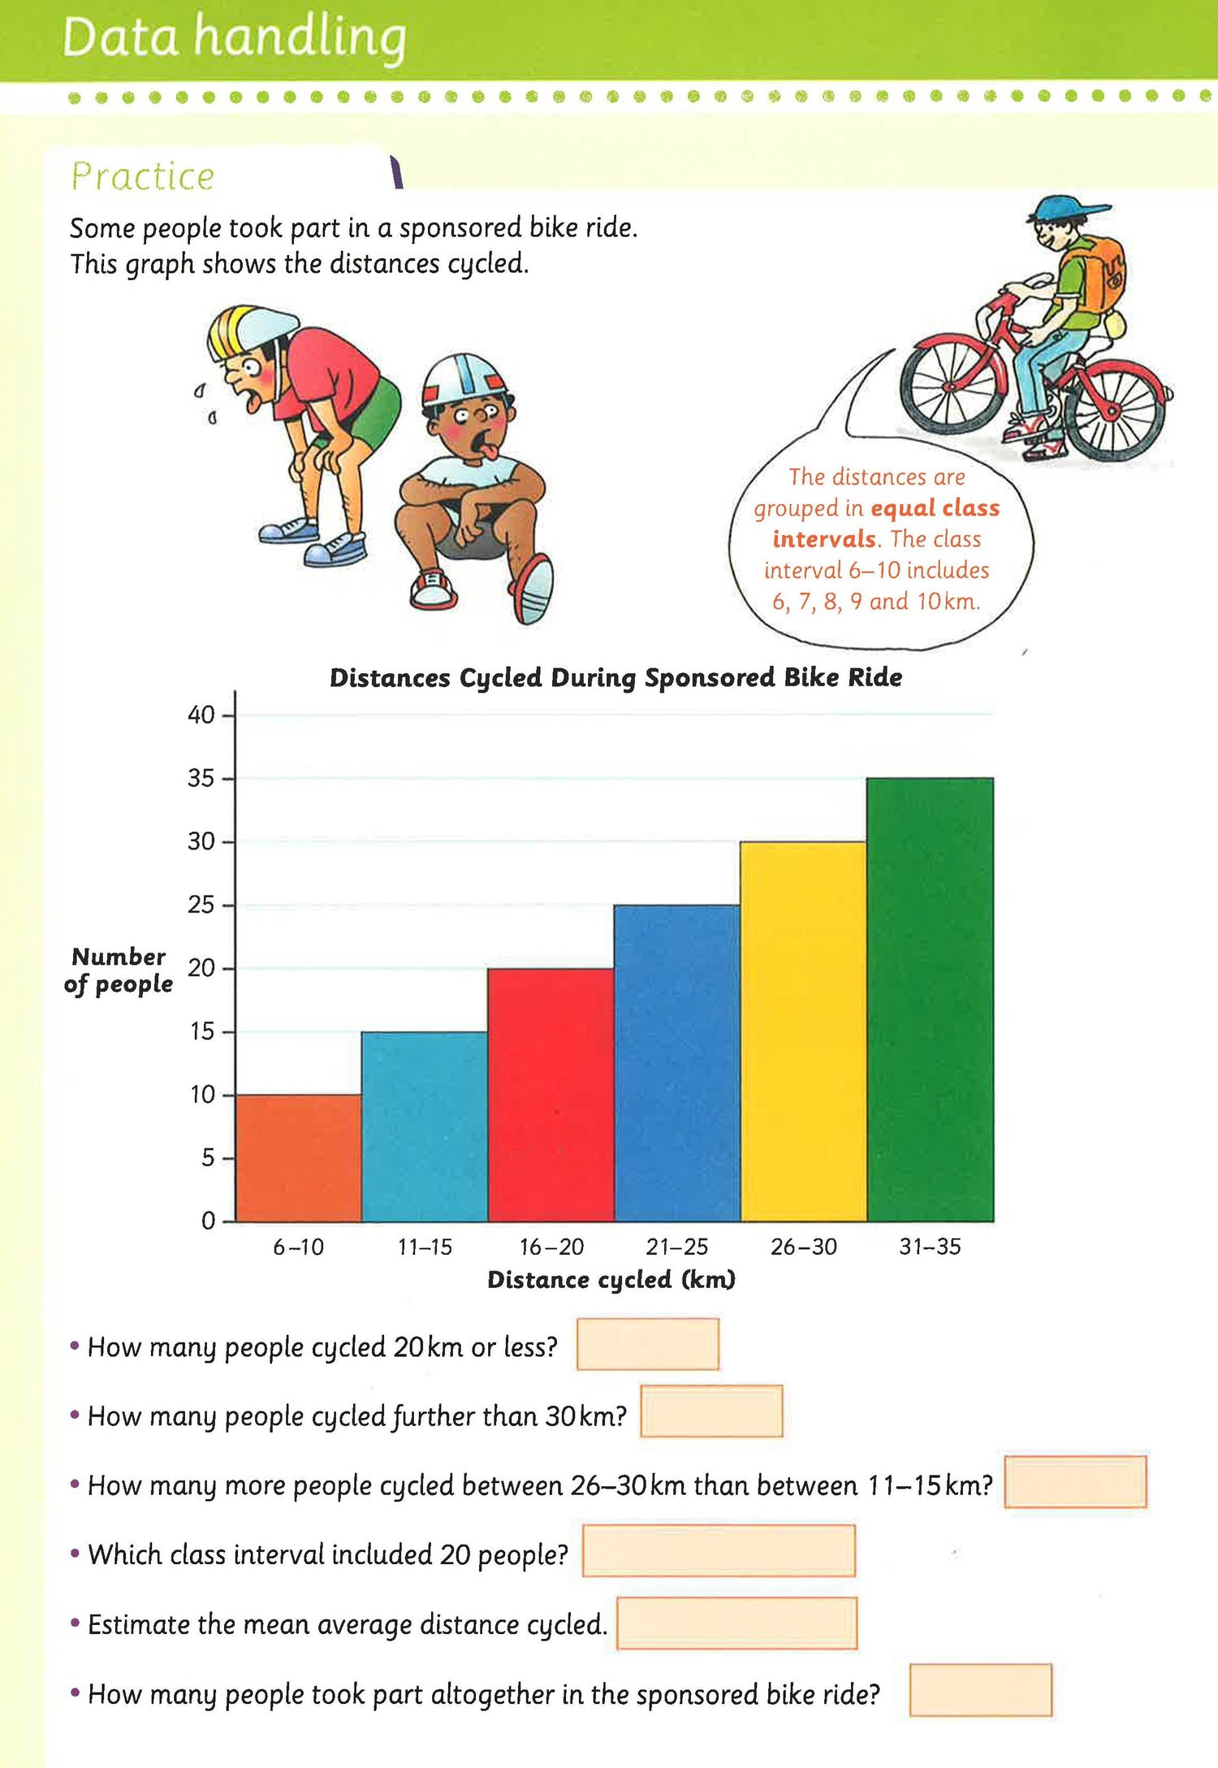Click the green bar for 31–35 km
coord(930,999)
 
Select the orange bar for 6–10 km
coord(298,1157)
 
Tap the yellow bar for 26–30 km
coord(803,1031)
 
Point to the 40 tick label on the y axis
coord(201,715)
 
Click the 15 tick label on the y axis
coord(201,1031)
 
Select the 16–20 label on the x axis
coord(551,1247)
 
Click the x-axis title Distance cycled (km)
coord(611,1280)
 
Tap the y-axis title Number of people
coord(119,970)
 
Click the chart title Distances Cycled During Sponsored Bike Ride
coord(615,677)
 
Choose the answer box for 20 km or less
coord(647,1344)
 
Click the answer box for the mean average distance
coord(736,1623)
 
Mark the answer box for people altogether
coord(979,1690)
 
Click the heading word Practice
coord(143,176)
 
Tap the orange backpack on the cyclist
coord(1099,272)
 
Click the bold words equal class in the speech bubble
coord(935,508)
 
